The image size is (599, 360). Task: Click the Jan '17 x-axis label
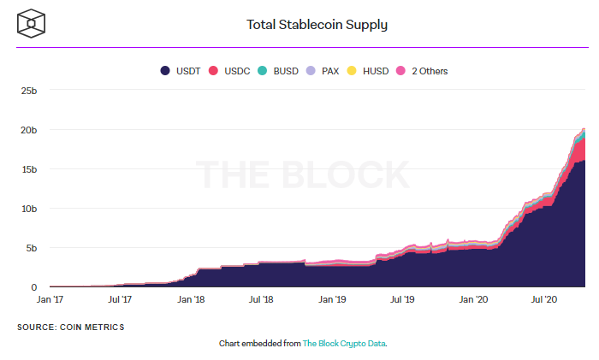tap(50, 300)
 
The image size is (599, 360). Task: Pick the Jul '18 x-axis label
tap(261, 300)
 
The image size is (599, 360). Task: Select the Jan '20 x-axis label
tap(473, 300)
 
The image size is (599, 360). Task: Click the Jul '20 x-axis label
tap(544, 300)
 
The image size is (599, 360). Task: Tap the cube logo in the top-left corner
tap(31, 23)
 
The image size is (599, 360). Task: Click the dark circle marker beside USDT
tap(165, 71)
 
